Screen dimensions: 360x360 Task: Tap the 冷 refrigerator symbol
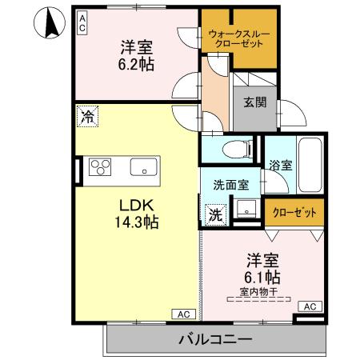coord(86,117)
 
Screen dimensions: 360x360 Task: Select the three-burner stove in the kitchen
coord(102,167)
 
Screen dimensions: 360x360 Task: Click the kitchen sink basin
coord(145,167)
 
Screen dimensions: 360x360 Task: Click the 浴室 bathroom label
coord(280,166)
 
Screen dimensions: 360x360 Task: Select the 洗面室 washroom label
coord(230,184)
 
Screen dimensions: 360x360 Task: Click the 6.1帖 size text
coord(262,278)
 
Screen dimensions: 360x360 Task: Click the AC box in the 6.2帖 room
coord(82,23)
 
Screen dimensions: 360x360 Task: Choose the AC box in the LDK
coord(181,313)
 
